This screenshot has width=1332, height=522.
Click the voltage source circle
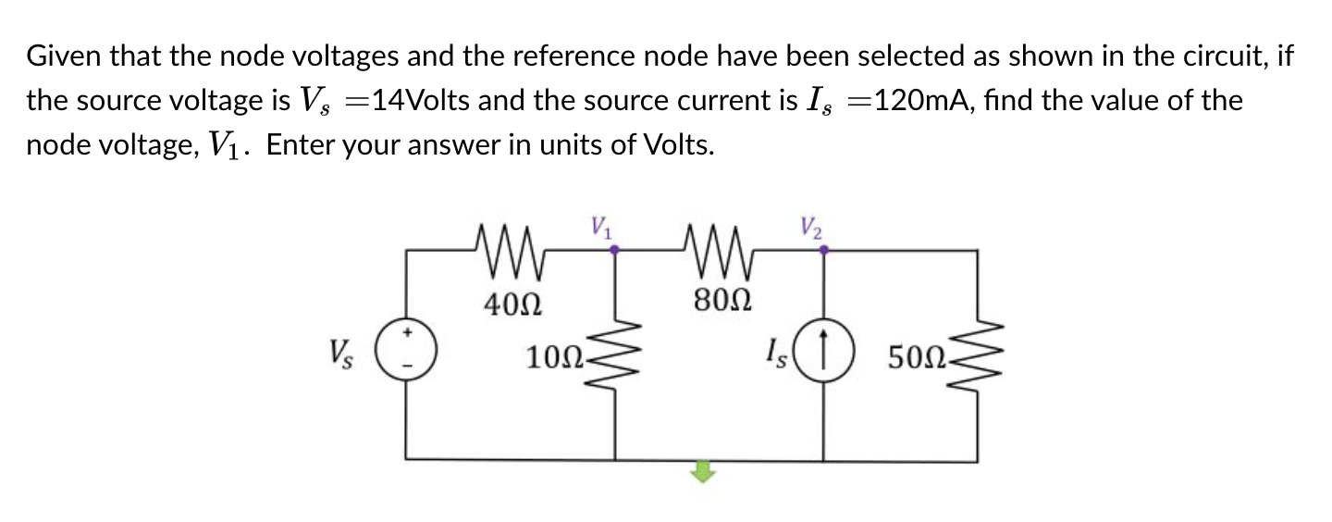404,354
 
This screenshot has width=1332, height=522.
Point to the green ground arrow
704,472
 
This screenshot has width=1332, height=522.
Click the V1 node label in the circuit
600,225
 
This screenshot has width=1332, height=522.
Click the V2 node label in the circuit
809,225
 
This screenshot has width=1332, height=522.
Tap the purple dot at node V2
824,249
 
